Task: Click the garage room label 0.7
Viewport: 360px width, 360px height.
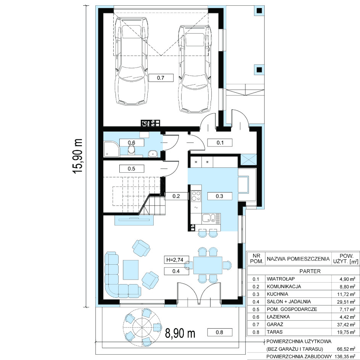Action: coord(161,78)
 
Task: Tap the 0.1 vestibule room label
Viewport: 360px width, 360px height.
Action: coord(220,143)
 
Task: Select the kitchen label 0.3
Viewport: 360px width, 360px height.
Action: coord(220,196)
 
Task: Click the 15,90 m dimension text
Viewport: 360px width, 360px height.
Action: coord(78,156)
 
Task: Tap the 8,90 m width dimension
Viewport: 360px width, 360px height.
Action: coord(180,333)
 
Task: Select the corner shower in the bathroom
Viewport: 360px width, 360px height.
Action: coord(112,149)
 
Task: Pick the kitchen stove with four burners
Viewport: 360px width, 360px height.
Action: coord(196,196)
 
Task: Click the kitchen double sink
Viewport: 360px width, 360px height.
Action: coord(211,218)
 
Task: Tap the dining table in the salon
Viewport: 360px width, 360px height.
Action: coord(208,265)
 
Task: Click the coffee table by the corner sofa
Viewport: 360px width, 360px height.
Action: coord(131,270)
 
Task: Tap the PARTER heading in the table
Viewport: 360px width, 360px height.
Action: coord(310,271)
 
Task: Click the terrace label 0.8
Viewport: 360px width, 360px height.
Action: coord(220,332)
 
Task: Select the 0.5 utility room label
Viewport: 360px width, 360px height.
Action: coord(132,169)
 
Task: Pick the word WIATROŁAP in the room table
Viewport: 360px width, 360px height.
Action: coord(281,279)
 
